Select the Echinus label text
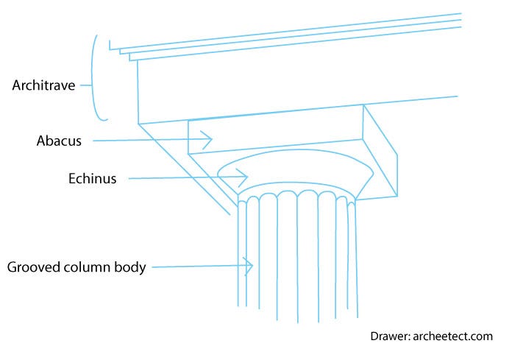tap(92, 177)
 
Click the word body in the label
tap(130, 267)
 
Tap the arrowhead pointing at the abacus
tap(208, 138)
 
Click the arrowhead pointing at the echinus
tap(244, 177)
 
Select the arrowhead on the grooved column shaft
tap(249, 267)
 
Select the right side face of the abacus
tap(381, 151)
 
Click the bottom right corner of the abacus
tap(397, 196)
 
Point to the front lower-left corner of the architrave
tap(139, 123)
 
